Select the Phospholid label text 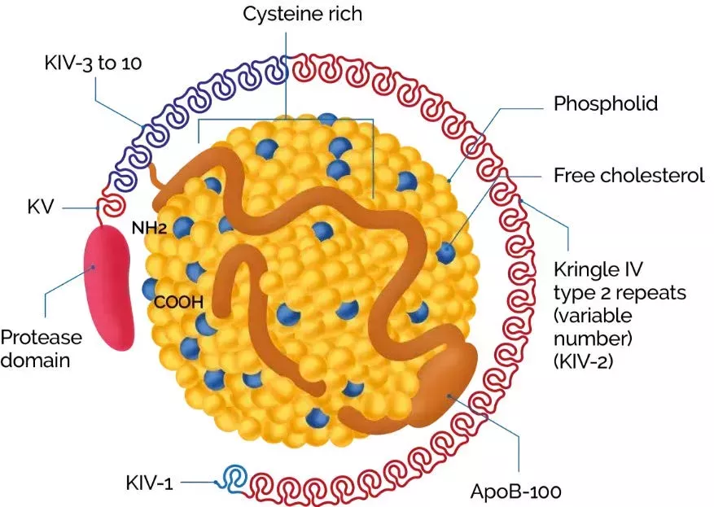[x=605, y=104]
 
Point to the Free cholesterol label [x=629, y=175]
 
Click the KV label [x=38, y=208]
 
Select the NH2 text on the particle [x=151, y=229]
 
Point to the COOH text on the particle [x=178, y=304]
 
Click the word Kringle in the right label [x=581, y=269]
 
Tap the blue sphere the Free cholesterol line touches [x=445, y=252]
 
